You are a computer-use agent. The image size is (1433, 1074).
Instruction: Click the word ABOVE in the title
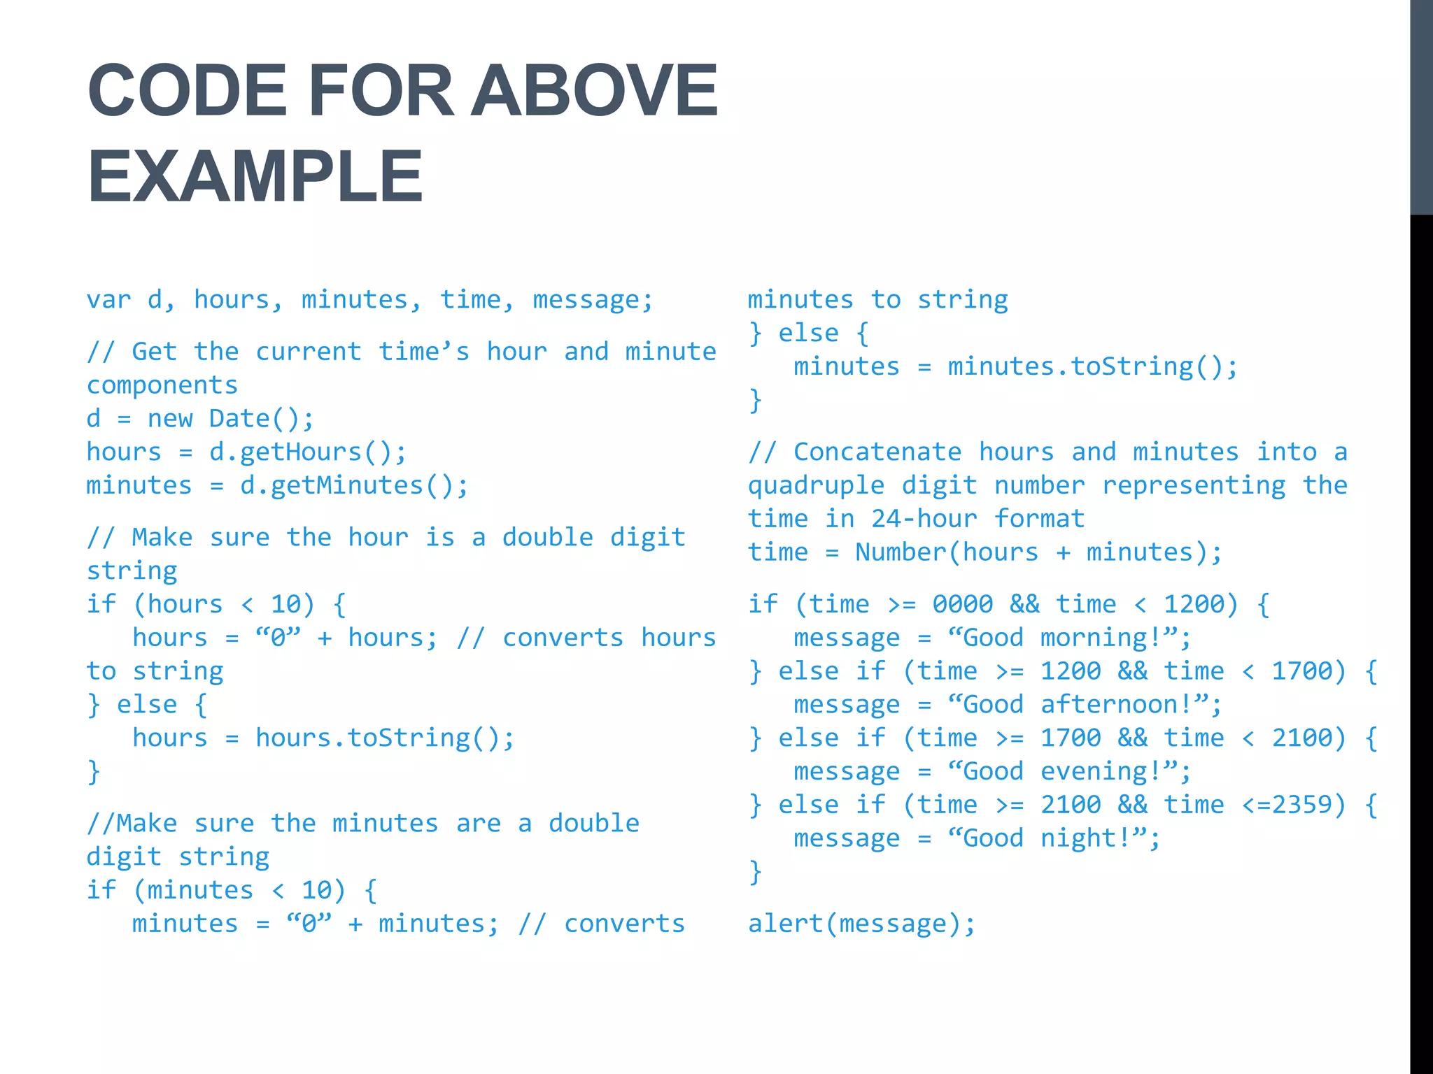point(594,90)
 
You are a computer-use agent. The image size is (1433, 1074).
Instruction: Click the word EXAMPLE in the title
point(255,176)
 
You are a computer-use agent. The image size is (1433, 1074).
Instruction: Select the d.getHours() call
point(308,452)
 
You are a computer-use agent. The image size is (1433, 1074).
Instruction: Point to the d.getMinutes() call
point(354,486)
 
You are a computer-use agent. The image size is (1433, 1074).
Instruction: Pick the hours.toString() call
point(385,738)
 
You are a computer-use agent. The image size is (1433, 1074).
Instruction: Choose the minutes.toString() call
point(1093,367)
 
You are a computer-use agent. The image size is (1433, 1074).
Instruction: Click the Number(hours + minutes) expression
point(1038,553)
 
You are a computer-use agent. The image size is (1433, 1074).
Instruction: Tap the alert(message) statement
point(861,924)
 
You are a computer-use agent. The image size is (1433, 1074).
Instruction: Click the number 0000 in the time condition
point(962,604)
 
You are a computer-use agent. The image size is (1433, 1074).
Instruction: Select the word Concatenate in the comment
point(877,452)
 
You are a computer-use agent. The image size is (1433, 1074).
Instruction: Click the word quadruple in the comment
point(816,486)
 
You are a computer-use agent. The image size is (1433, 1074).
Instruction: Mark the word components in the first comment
point(162,385)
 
